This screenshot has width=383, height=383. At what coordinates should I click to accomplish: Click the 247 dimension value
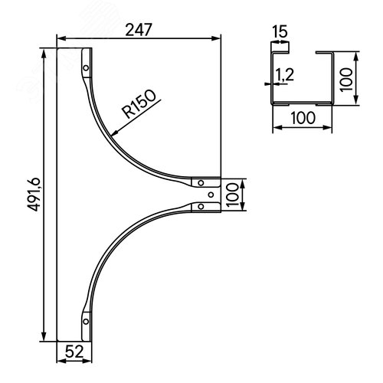(x=139, y=30)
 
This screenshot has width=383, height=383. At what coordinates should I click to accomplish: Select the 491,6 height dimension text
(x=34, y=195)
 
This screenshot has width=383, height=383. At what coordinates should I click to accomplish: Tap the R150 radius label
(x=139, y=103)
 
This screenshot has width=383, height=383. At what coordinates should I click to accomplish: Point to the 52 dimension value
(x=74, y=352)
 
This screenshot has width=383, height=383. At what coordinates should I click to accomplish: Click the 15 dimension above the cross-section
(x=280, y=31)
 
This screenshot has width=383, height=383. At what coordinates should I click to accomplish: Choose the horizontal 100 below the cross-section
(x=303, y=118)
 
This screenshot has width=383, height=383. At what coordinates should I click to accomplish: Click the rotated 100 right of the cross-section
(x=346, y=79)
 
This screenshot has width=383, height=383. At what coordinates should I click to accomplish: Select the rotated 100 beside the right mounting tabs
(x=232, y=195)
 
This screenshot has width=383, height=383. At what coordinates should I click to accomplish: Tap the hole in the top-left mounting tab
(x=86, y=68)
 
